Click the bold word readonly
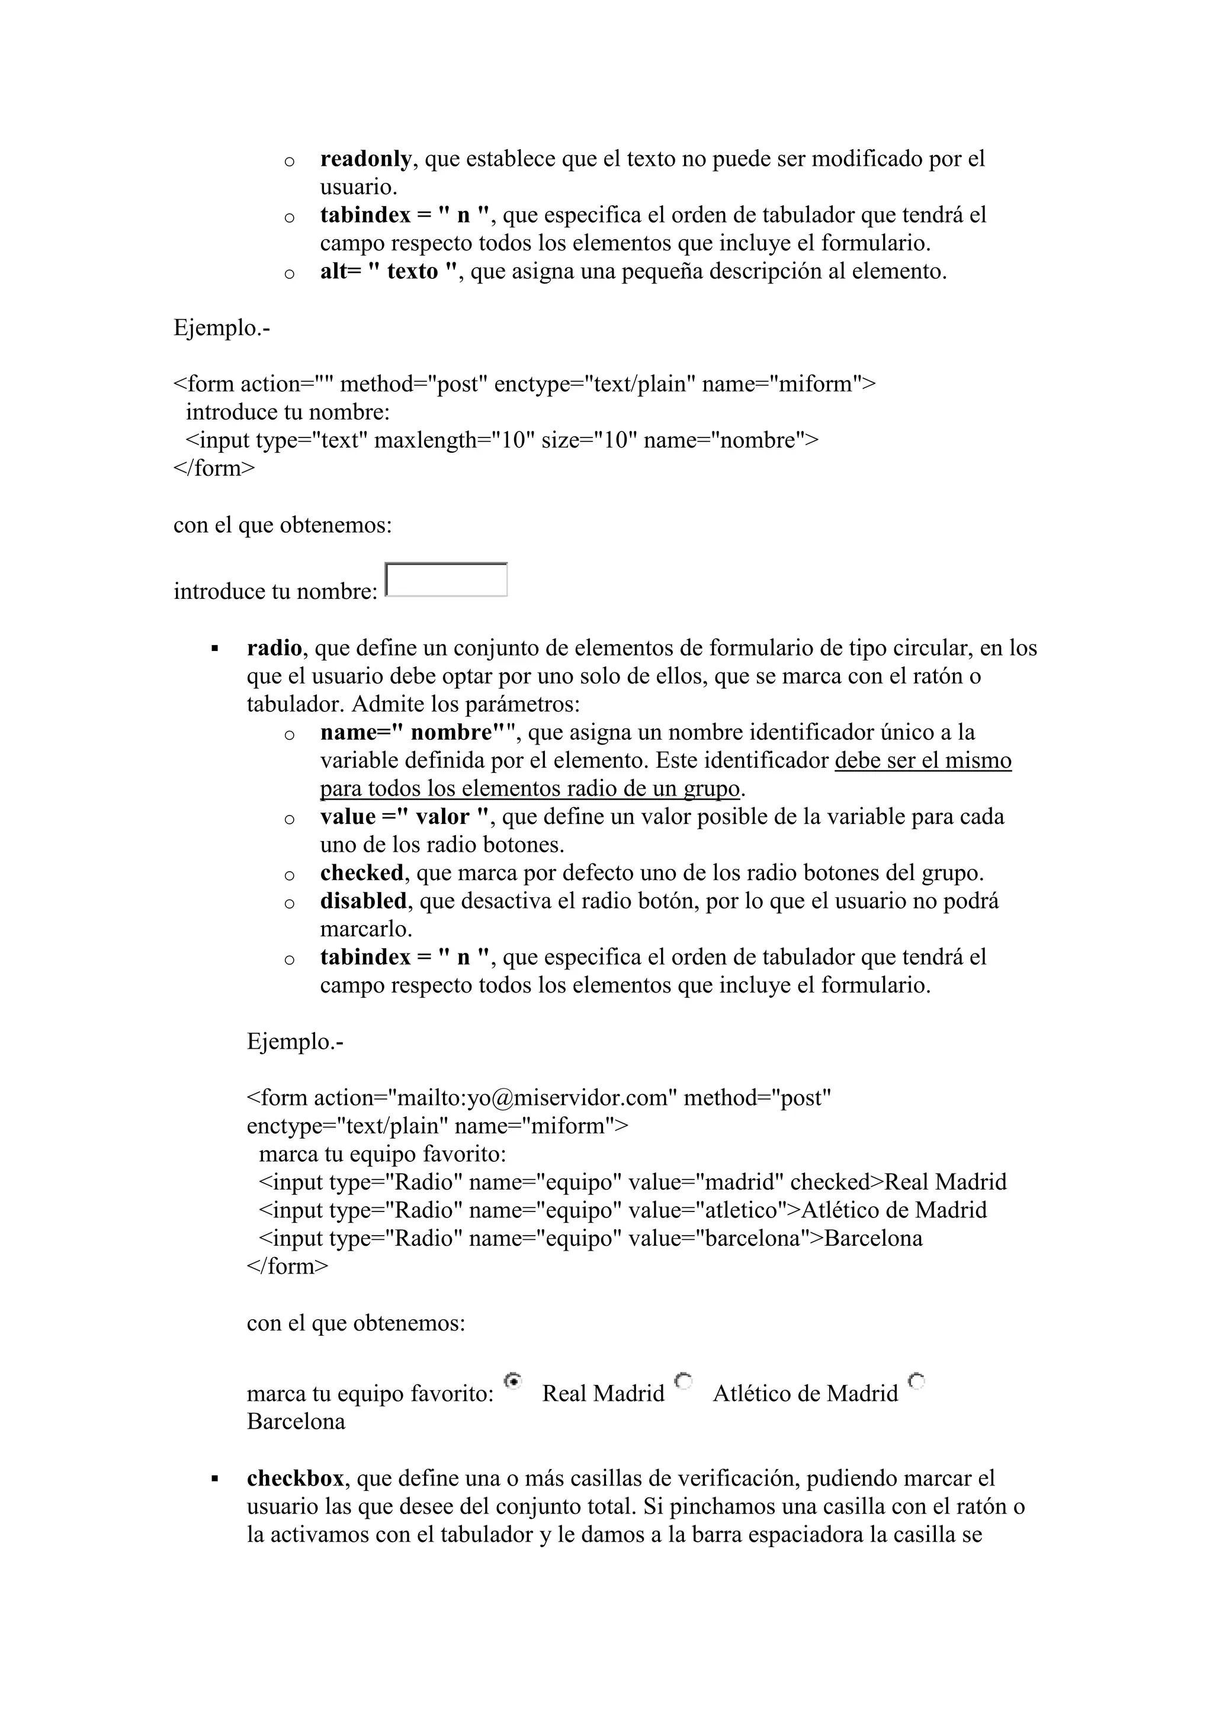365,159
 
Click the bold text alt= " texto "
389,272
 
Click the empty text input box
446,580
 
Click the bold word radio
274,648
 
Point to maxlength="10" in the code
454,440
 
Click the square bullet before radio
215,649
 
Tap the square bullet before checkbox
215,1480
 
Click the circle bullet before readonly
289,161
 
